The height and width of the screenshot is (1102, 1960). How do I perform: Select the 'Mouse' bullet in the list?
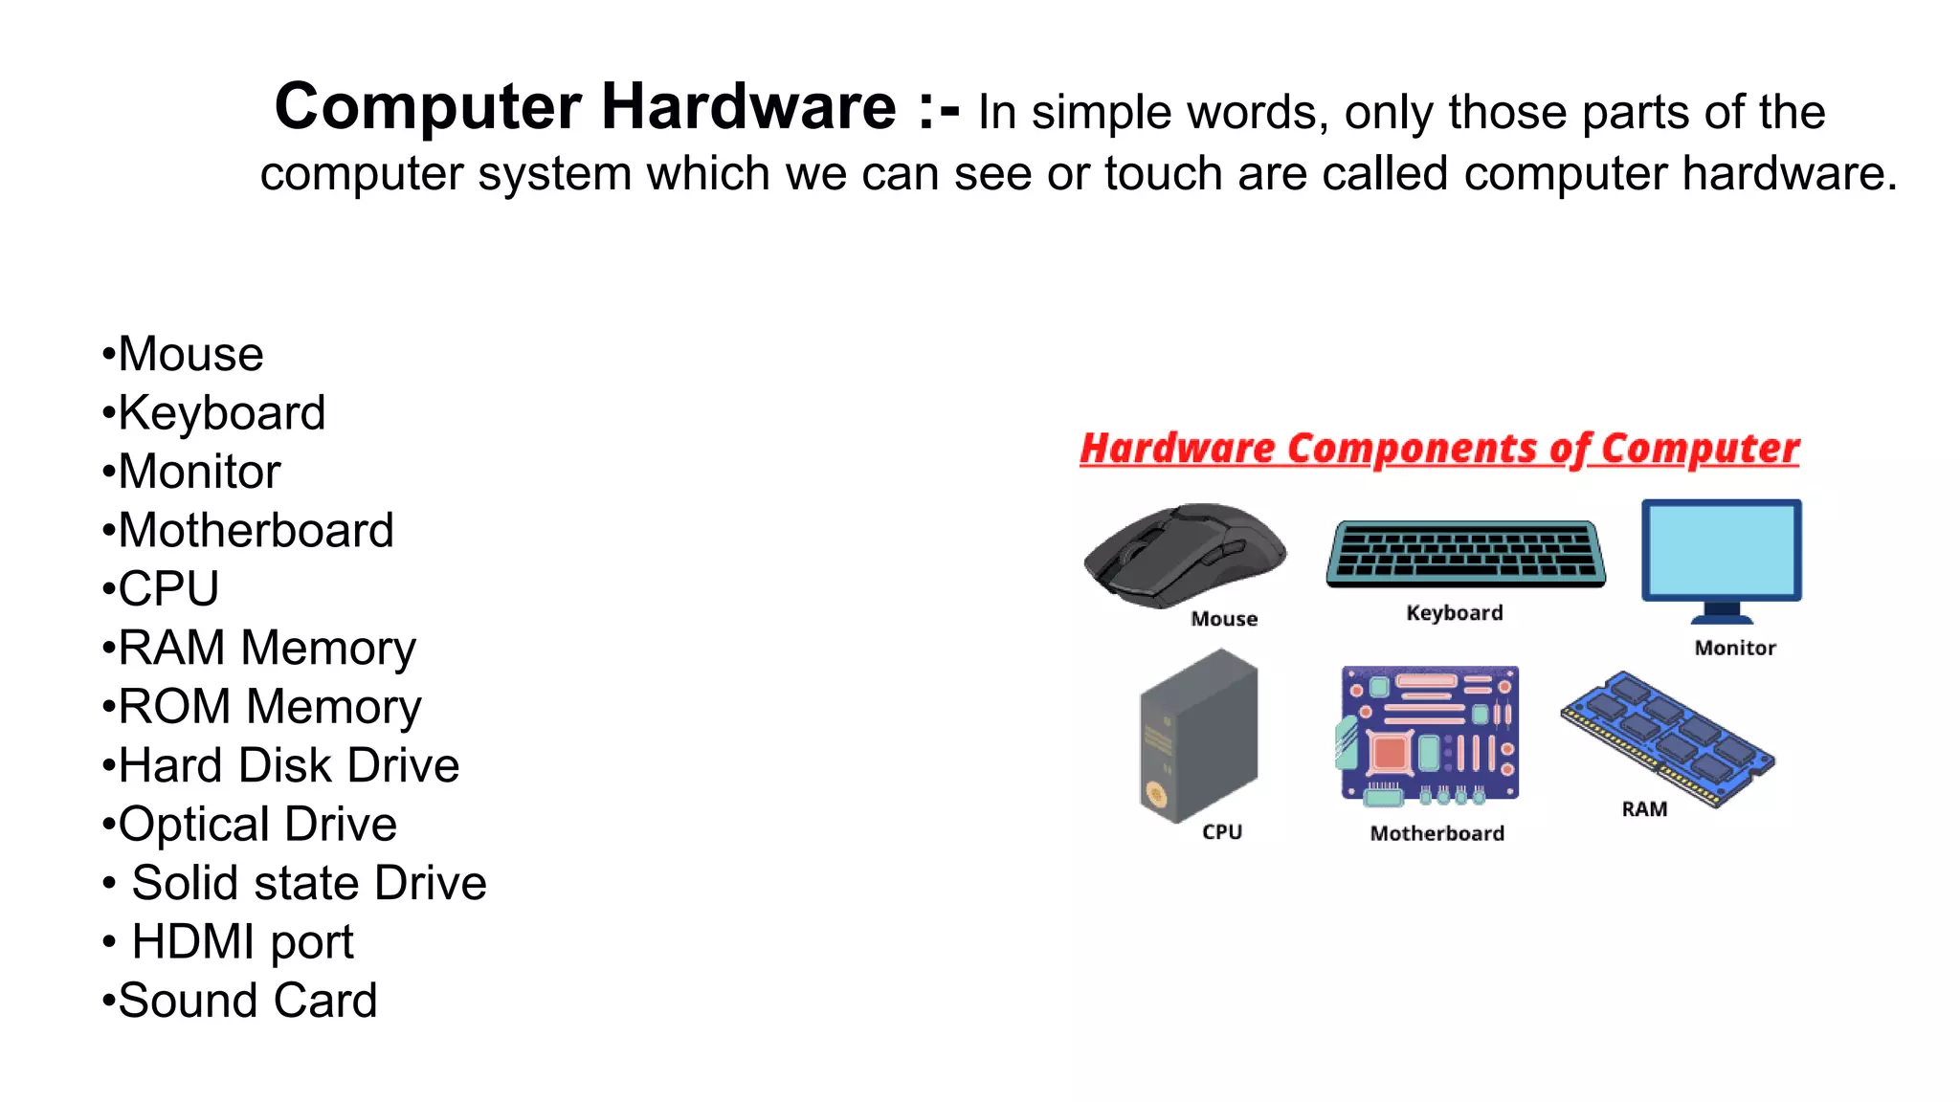[190, 355]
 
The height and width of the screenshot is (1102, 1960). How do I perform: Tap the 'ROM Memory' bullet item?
[269, 707]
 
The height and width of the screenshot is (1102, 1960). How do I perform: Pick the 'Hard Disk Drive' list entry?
[288, 766]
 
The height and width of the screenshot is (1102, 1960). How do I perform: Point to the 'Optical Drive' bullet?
[256, 825]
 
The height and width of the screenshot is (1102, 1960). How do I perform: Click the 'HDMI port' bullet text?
[242, 942]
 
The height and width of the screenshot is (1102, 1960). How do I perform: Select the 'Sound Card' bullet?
[247, 1001]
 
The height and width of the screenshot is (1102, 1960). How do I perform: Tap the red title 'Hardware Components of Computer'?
[1439, 449]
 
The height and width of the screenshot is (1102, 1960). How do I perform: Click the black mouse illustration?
[1184, 554]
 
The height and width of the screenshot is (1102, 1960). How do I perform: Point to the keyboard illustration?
[1465, 553]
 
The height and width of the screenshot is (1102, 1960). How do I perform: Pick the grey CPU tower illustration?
[1199, 735]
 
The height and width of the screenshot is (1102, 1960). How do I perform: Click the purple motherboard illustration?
[1430, 734]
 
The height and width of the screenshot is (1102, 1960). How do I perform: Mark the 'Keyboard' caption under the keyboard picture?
[1455, 613]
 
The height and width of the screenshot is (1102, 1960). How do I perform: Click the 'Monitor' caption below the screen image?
[1735, 649]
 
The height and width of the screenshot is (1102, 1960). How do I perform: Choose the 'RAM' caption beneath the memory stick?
[1644, 809]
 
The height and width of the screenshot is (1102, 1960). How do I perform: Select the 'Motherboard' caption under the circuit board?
[1437, 834]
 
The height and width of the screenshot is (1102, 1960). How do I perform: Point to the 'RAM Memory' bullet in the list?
[267, 649]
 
